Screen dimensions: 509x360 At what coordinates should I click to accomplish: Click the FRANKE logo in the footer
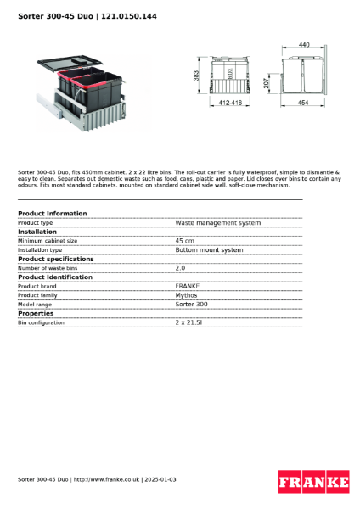[313, 481]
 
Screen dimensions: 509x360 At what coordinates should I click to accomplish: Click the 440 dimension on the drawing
[304, 44]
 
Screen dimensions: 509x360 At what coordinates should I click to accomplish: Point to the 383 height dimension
[196, 76]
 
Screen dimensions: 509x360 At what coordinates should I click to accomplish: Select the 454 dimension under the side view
[303, 103]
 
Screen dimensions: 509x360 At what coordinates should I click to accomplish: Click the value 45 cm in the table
[184, 241]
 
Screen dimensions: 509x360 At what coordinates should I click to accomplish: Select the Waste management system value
[217, 223]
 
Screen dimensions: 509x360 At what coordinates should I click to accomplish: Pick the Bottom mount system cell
[209, 250]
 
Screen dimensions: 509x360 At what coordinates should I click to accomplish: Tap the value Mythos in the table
[186, 295]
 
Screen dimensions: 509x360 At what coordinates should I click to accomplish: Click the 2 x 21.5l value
[188, 323]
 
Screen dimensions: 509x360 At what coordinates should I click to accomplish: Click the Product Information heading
[52, 214]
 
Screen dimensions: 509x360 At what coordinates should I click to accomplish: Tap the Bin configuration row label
[41, 323]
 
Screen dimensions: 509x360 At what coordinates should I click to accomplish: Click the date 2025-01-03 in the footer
[160, 479]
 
